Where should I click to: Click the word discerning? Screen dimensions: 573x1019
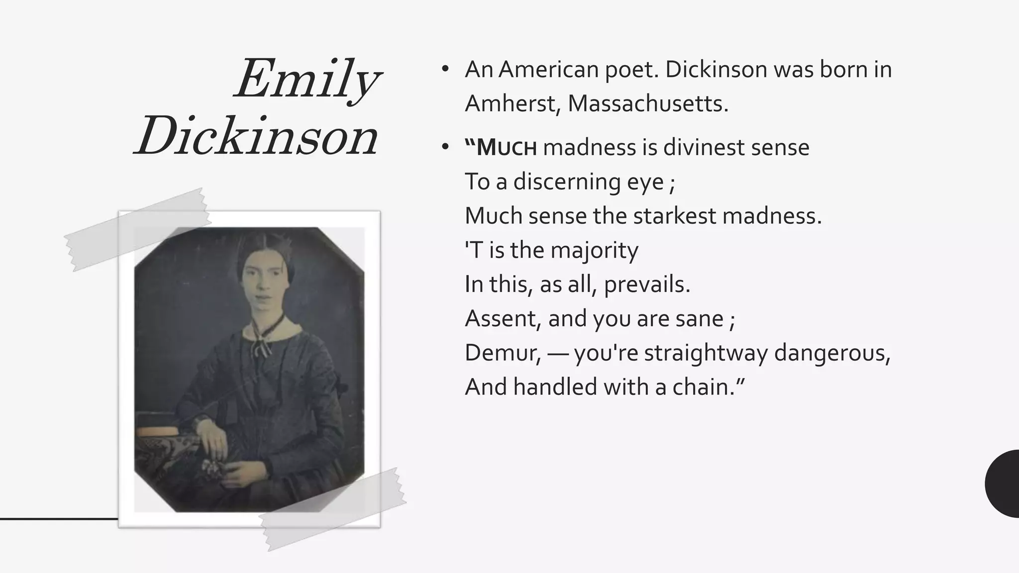coord(567,182)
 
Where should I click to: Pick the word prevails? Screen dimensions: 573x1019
coord(647,285)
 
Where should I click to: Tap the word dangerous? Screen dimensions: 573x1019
coord(832,353)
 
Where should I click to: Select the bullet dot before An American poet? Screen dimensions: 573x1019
coord(445,69)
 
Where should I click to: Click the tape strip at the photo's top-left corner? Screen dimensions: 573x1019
coord(137,229)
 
